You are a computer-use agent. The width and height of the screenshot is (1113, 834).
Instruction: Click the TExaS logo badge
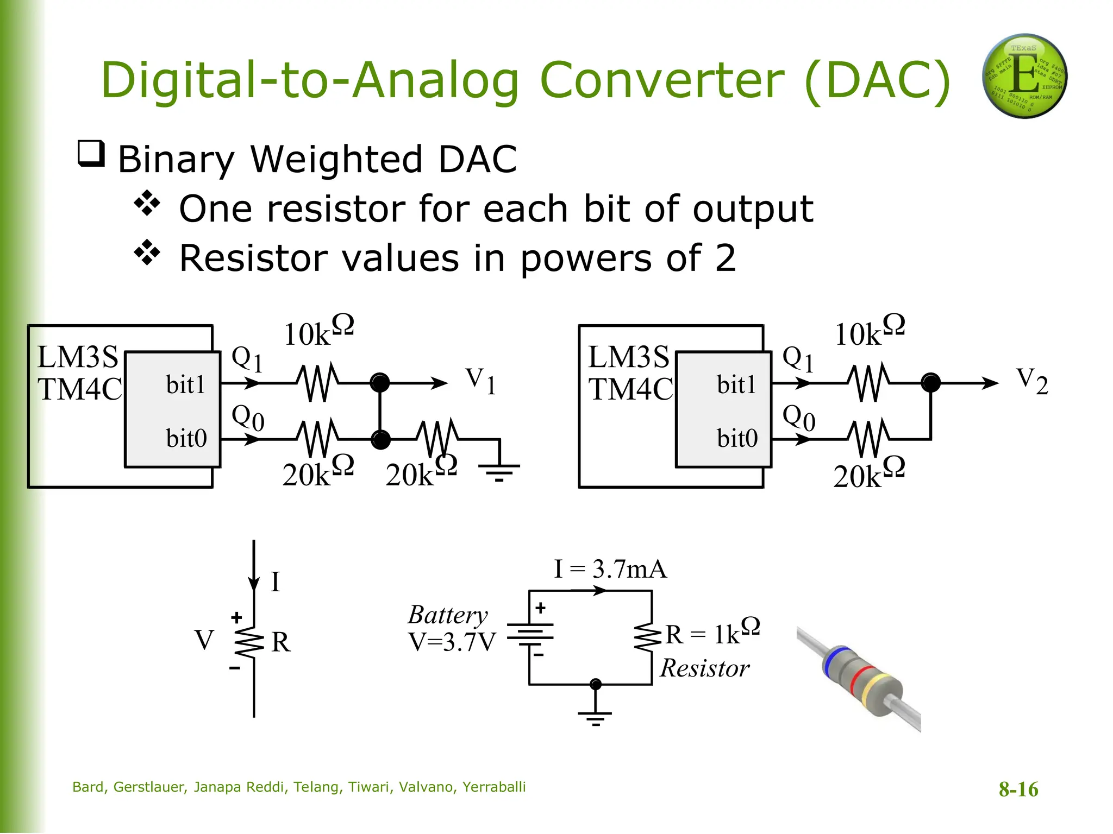point(1024,76)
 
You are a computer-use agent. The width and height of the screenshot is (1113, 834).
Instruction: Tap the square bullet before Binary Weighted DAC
point(91,154)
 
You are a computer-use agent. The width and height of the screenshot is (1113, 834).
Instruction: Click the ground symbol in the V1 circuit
point(499,471)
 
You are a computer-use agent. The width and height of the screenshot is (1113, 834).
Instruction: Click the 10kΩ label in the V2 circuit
point(870,331)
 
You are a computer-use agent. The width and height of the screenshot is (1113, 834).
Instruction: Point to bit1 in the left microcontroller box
point(186,385)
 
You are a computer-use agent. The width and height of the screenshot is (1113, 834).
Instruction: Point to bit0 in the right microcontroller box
point(737,438)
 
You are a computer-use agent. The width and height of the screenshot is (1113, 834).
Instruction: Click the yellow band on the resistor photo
point(875,690)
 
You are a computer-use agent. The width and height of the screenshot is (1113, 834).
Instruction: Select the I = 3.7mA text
point(610,570)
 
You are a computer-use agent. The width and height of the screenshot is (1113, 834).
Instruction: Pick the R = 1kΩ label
point(712,632)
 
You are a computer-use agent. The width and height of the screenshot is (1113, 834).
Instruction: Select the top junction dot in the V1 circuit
point(380,383)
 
